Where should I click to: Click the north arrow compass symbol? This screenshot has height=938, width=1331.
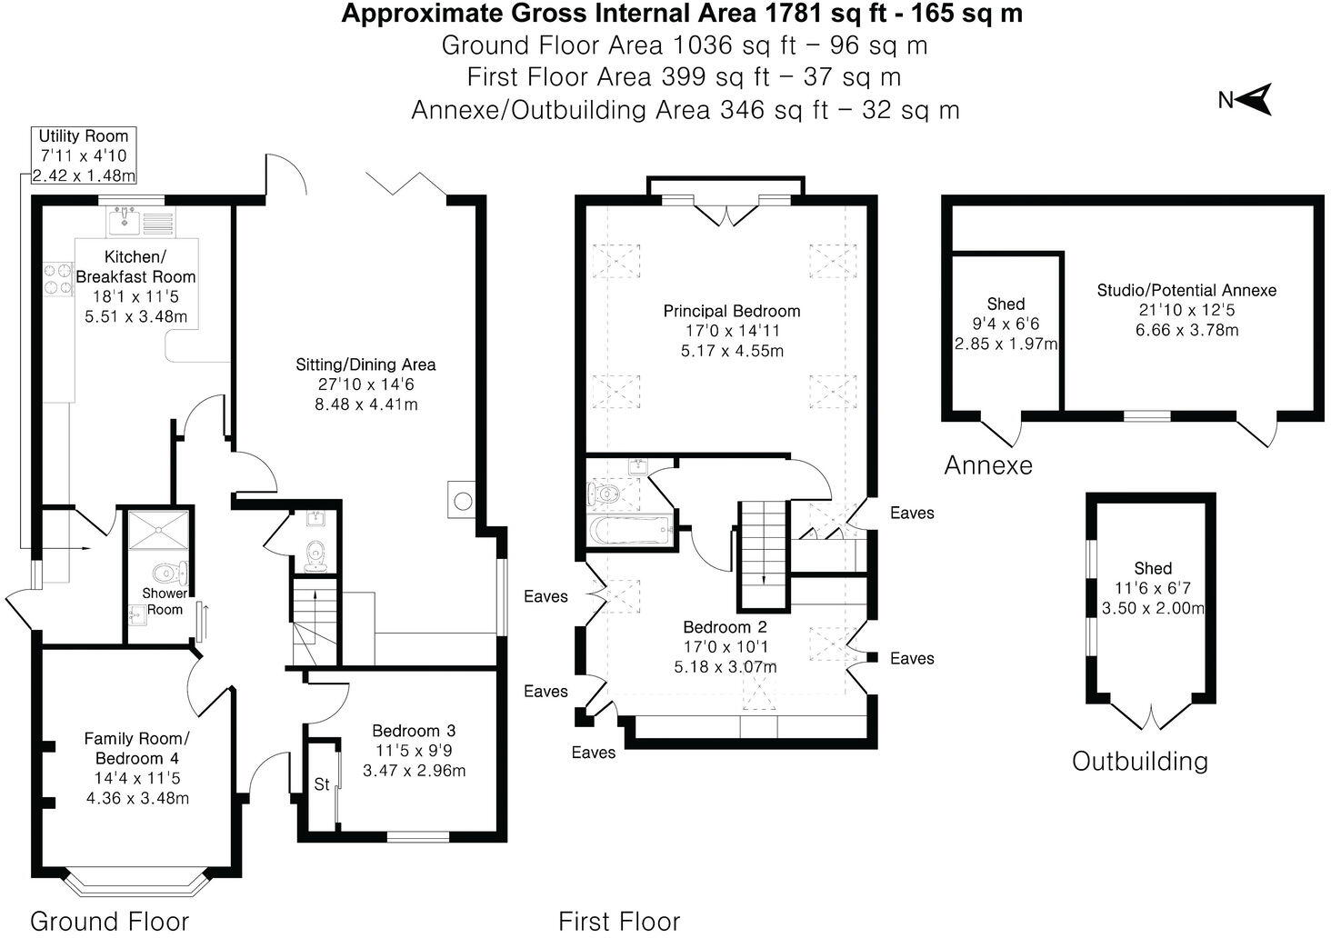tap(1254, 99)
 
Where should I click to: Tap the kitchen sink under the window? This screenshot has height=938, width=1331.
tap(123, 220)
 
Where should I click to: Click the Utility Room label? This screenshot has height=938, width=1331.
tap(84, 136)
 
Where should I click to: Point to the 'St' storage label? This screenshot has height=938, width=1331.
tap(321, 784)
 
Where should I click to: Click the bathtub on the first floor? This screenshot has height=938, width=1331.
tap(630, 531)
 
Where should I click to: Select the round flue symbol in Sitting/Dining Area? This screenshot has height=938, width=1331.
tap(462, 501)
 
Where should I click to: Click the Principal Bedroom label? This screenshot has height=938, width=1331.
tap(731, 311)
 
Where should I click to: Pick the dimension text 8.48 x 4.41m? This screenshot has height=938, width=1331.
tap(365, 404)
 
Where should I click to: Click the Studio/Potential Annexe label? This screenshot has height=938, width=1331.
tap(1186, 290)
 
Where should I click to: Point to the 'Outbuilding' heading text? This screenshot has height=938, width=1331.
tap(1139, 761)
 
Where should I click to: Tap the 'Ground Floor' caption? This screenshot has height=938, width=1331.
tap(109, 921)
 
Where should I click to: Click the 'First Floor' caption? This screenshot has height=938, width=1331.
tap(618, 921)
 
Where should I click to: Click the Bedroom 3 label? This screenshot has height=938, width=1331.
tap(414, 731)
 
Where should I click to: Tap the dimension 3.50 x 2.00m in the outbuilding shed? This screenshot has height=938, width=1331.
tap(1152, 608)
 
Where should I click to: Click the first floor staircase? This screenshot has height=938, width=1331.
tap(761, 554)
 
